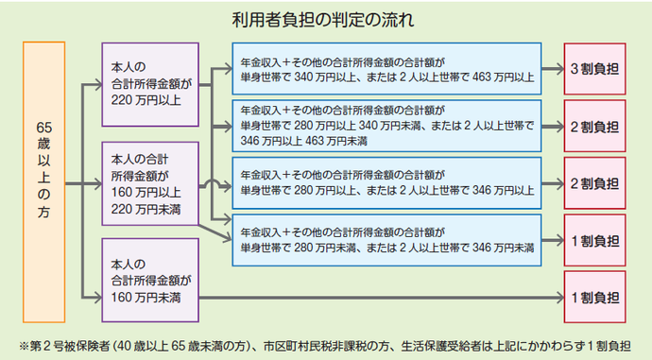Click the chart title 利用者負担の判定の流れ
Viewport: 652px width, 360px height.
tap(325, 17)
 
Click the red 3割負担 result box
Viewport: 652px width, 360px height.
tap(594, 69)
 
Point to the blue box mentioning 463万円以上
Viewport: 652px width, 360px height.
tap(386, 69)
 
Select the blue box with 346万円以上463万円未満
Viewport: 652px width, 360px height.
tap(386, 125)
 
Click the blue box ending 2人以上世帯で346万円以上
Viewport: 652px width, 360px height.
tap(386, 182)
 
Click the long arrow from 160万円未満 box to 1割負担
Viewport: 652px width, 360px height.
tap(378, 298)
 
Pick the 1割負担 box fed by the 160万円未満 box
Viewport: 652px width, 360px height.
tap(594, 297)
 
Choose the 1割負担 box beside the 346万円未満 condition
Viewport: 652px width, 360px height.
tap(594, 238)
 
